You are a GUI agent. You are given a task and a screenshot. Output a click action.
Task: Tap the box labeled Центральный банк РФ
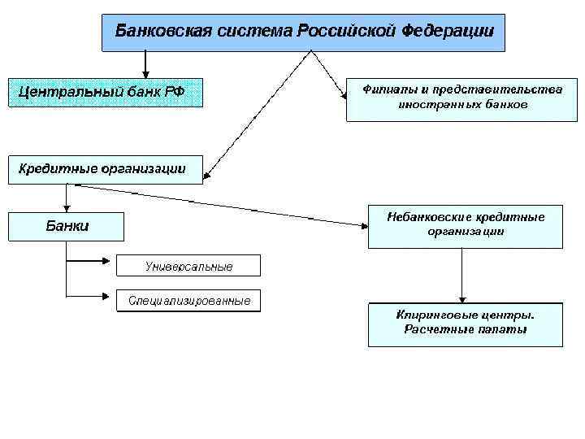click(x=105, y=92)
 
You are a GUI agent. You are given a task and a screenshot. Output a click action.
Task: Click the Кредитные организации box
click(x=105, y=169)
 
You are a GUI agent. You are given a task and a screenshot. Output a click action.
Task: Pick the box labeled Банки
click(x=67, y=226)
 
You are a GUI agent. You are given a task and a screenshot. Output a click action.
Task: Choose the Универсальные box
click(x=188, y=266)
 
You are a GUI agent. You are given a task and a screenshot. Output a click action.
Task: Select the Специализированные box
click(x=188, y=302)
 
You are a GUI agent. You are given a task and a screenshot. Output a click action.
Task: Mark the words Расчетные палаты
click(x=465, y=330)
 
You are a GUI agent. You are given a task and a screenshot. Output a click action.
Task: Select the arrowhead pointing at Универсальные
click(x=112, y=262)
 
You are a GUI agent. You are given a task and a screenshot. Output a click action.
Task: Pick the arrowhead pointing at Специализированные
click(x=112, y=298)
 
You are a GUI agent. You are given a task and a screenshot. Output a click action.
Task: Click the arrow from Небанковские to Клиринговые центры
click(x=462, y=276)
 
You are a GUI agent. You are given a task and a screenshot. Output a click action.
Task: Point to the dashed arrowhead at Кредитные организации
click(x=208, y=173)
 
